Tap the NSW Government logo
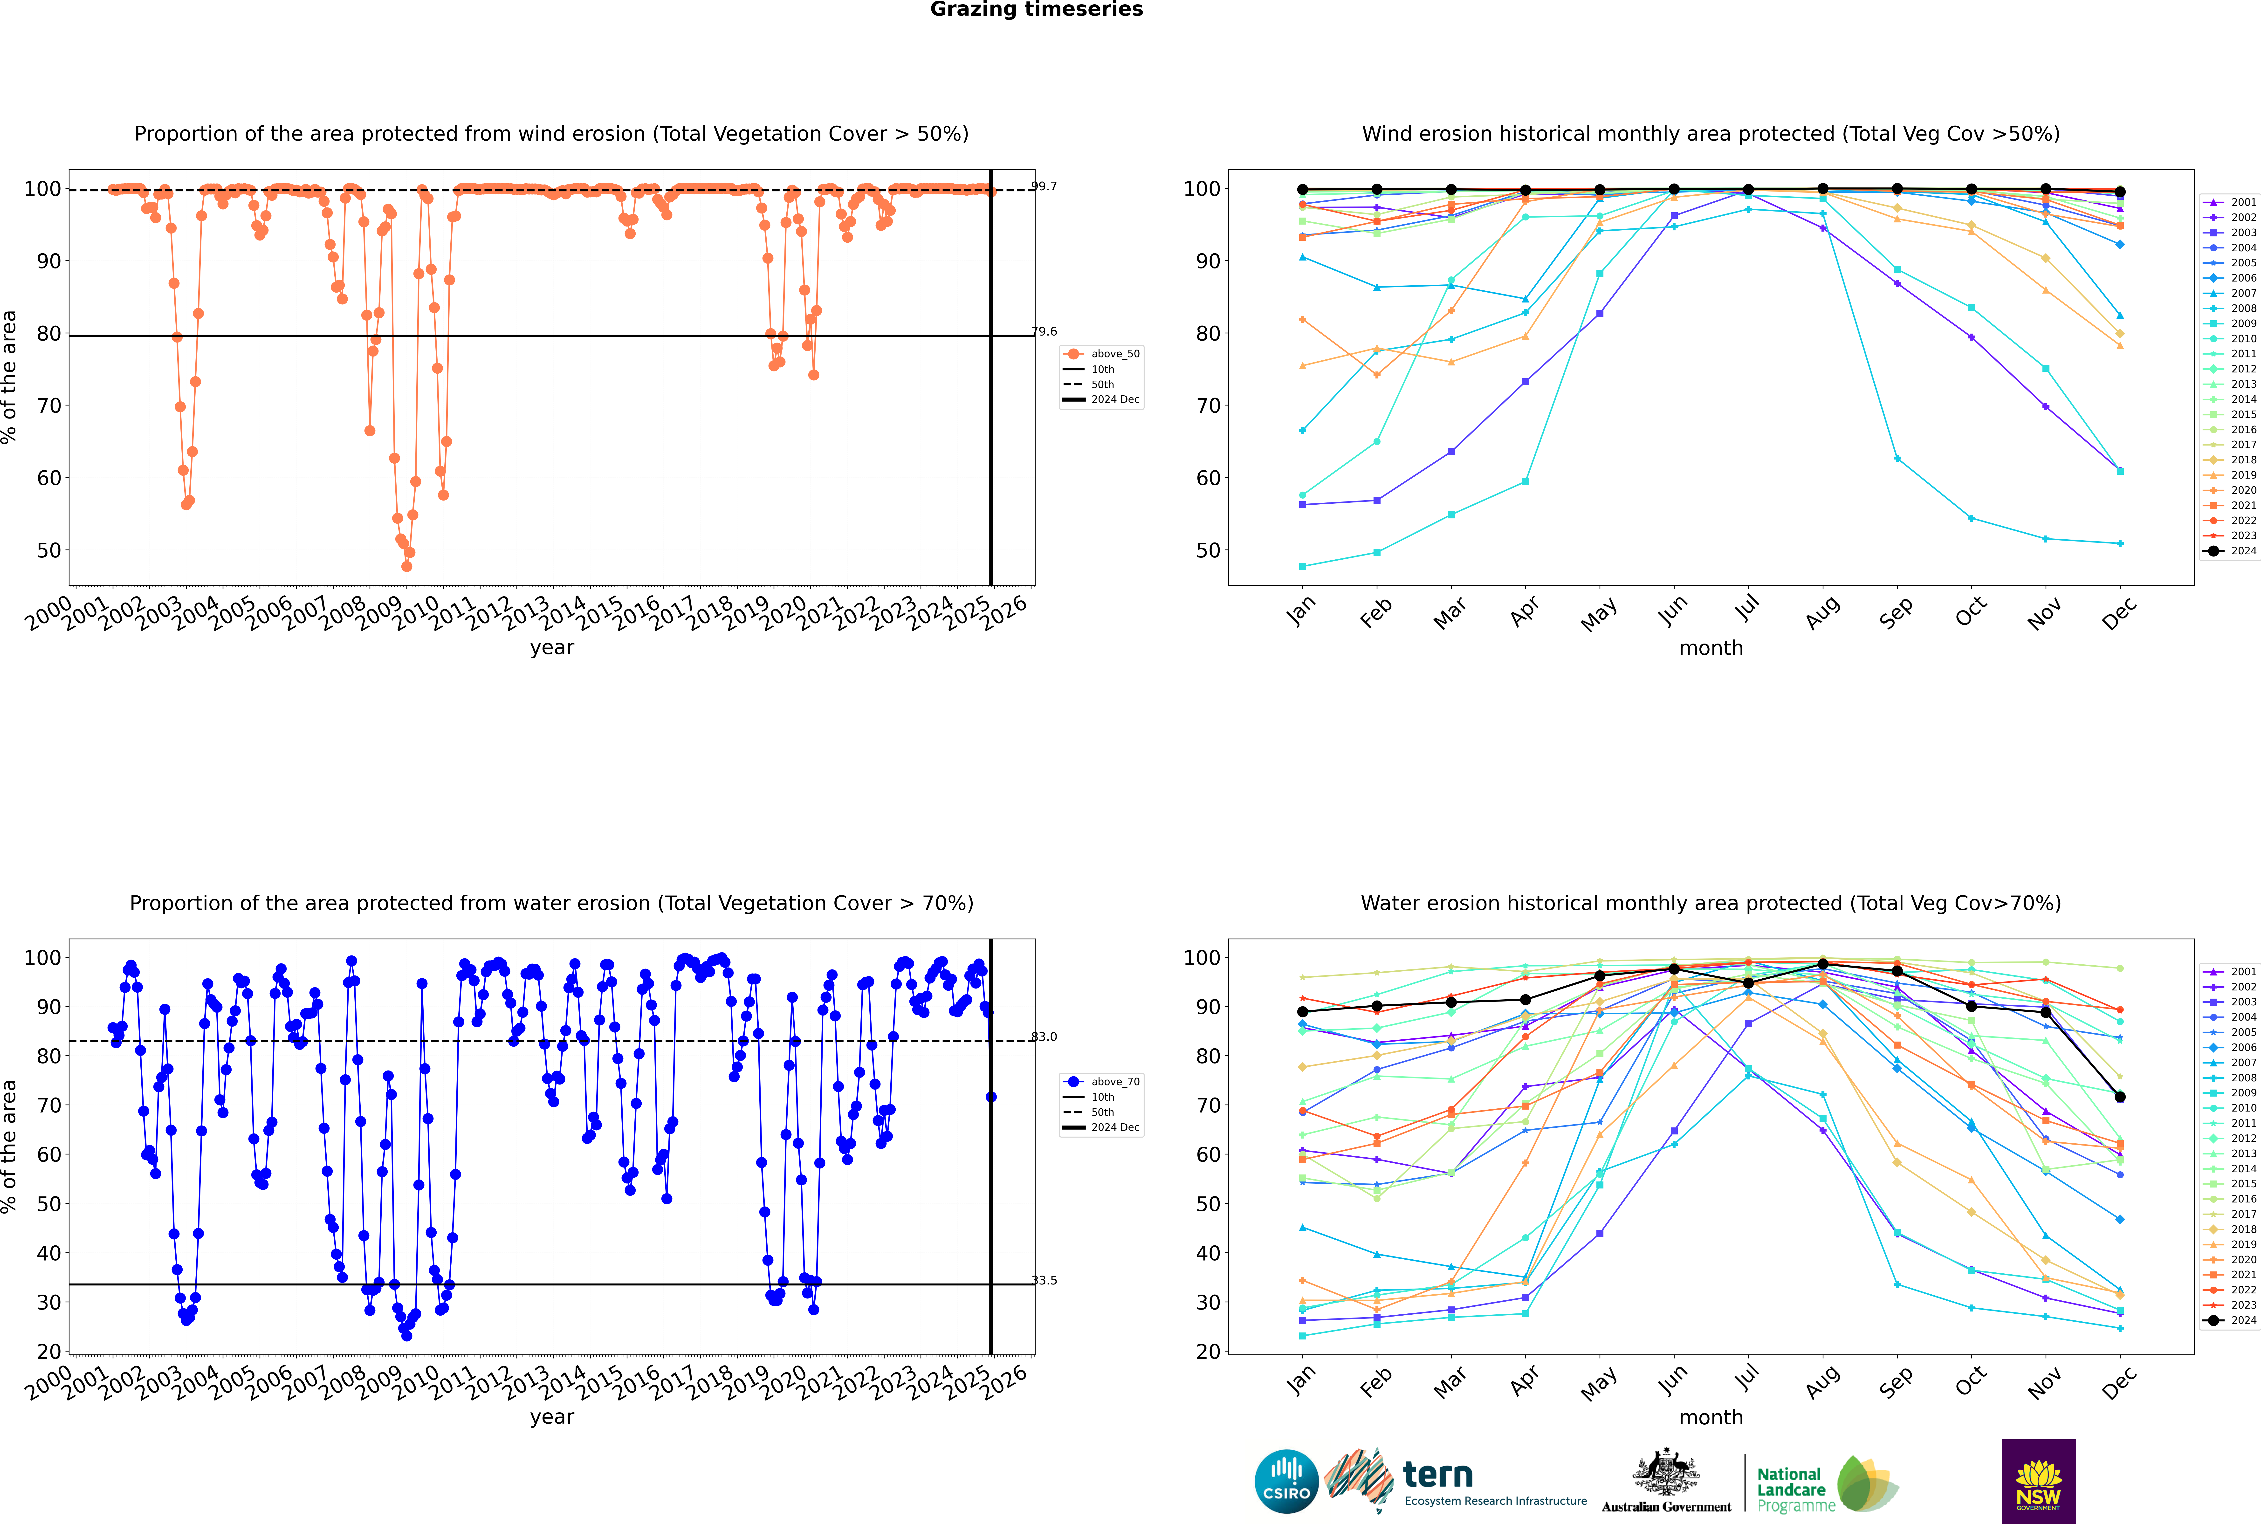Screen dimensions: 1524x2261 point(2038,1481)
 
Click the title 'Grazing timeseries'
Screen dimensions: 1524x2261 point(1036,10)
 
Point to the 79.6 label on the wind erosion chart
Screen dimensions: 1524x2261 point(1044,331)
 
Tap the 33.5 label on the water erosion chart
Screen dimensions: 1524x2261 point(1044,1280)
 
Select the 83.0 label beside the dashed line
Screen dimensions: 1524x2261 point(1044,1036)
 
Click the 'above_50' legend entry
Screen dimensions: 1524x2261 point(1114,354)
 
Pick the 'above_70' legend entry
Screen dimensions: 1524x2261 point(1114,1082)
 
